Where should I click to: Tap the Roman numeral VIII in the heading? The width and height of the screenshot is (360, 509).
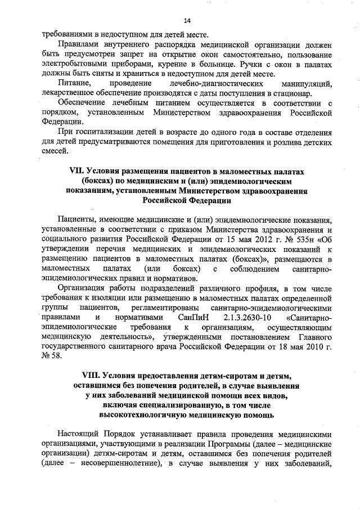pyautogui.click(x=70, y=375)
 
